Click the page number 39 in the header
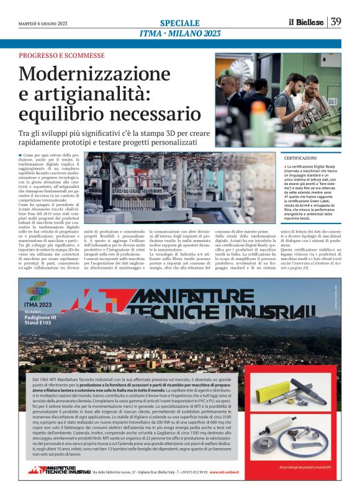coord(336,22)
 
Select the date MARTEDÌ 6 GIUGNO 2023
coord(42,24)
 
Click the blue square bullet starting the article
coord(20,154)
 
